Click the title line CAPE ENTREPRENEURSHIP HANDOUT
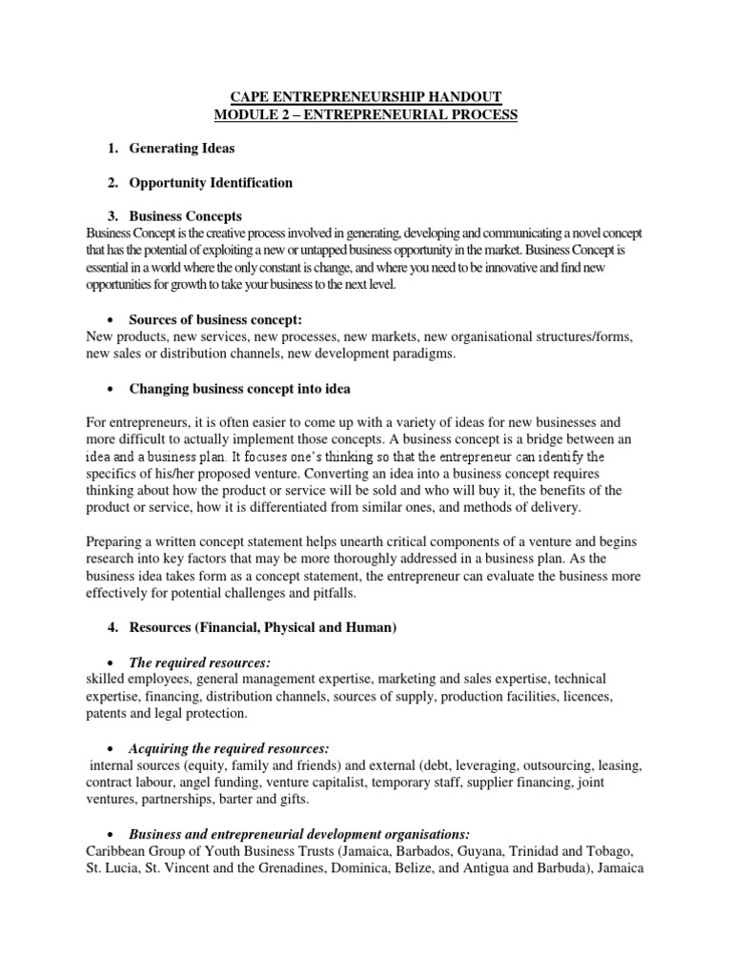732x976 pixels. pyautogui.click(x=367, y=97)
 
